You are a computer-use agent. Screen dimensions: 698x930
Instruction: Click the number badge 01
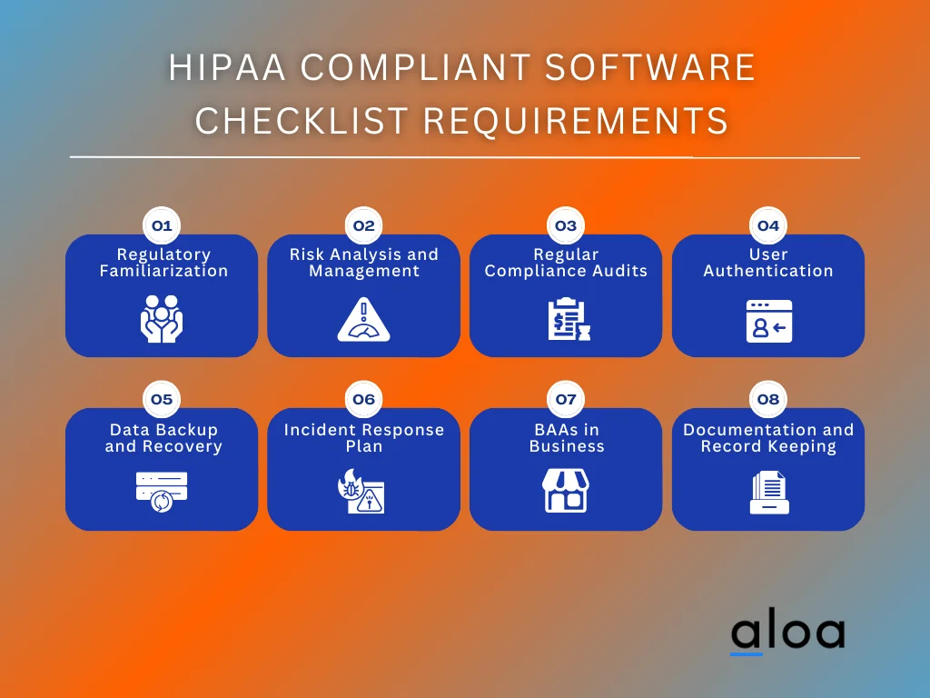pyautogui.click(x=162, y=225)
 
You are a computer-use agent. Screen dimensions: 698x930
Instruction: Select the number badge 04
pyautogui.click(x=768, y=225)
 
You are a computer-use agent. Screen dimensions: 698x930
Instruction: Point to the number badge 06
pyautogui.click(x=363, y=399)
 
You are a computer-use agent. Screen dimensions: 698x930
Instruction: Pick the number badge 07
pyautogui.click(x=566, y=399)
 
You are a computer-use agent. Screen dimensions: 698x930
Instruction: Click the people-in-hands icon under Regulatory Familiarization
pyautogui.click(x=162, y=319)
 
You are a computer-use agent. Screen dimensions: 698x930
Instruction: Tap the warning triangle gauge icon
pyautogui.click(x=363, y=320)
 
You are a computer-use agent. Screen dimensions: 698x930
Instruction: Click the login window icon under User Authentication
pyautogui.click(x=768, y=321)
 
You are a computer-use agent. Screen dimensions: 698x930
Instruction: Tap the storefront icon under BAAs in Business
pyautogui.click(x=566, y=491)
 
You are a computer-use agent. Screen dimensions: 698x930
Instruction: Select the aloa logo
pyautogui.click(x=787, y=633)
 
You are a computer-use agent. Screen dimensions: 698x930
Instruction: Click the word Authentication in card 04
pyautogui.click(x=768, y=271)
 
